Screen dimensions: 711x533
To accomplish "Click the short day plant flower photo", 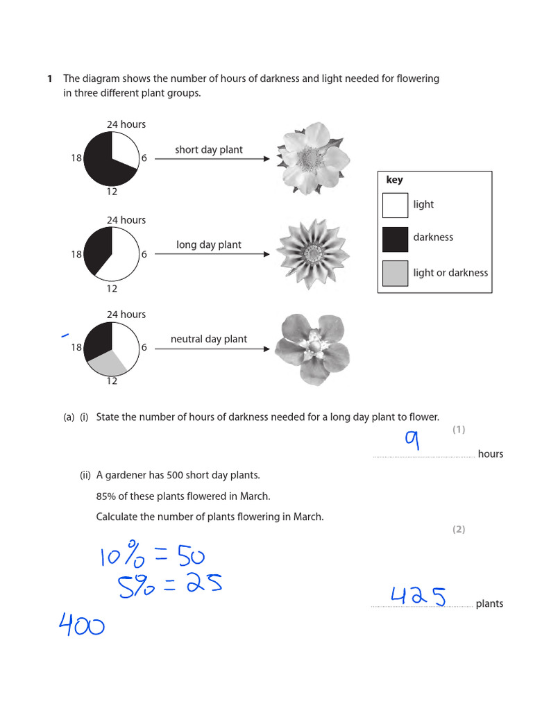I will [x=310, y=158].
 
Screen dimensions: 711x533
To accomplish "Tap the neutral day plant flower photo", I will [x=312, y=349].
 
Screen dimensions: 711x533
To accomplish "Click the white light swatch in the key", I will [x=395, y=205].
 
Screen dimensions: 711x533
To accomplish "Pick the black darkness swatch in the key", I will [x=395, y=238].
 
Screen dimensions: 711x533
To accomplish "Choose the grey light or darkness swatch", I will [x=395, y=273].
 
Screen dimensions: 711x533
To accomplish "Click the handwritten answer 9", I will [x=414, y=441].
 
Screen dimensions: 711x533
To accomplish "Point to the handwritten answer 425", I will [x=418, y=596].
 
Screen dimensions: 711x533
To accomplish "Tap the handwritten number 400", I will [x=82, y=626].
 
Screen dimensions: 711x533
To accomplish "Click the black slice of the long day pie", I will [x=97, y=247].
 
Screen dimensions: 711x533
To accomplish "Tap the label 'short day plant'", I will [x=209, y=150].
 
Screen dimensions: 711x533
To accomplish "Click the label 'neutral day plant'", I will [x=209, y=340].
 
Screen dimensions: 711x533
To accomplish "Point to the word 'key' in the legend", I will [x=394, y=180].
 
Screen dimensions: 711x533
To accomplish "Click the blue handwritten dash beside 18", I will [x=65, y=335].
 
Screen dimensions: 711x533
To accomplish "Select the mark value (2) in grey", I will [x=459, y=529].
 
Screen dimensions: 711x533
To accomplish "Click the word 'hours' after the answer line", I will [x=491, y=454].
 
